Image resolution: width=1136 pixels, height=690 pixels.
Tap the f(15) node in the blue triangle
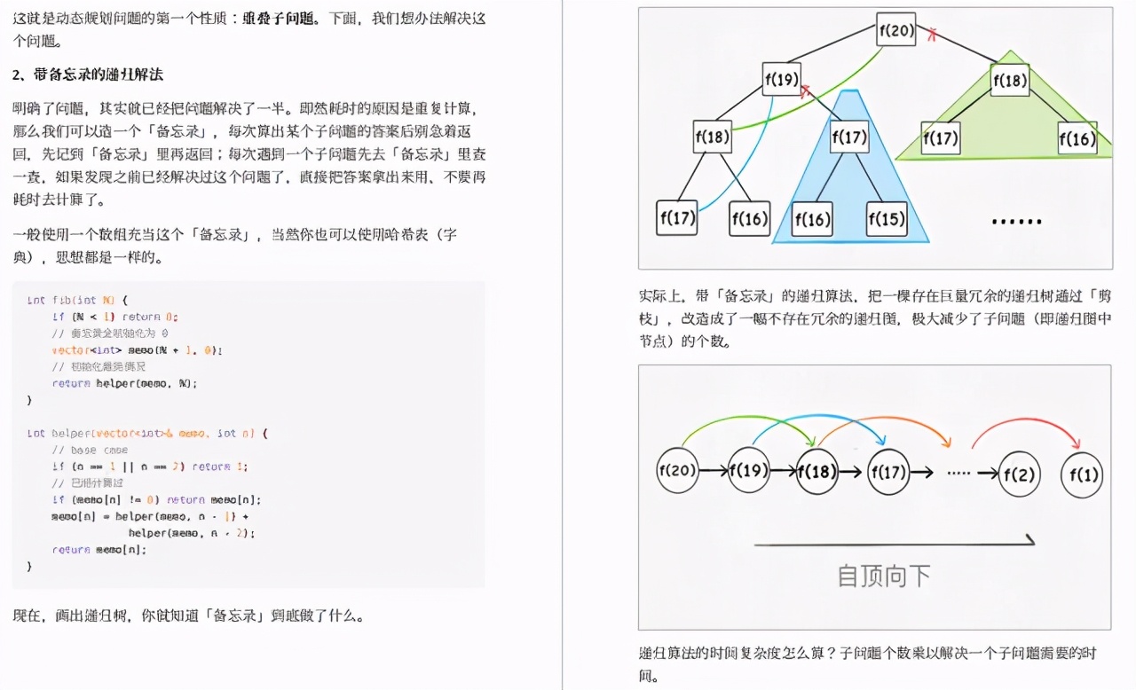tap(886, 218)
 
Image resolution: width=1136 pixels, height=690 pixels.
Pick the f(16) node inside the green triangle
tap(1077, 138)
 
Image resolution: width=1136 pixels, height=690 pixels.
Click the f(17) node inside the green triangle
tap(941, 138)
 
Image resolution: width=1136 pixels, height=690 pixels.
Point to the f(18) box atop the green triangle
tap(1009, 80)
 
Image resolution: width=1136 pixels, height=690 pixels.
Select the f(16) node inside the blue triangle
tap(812, 218)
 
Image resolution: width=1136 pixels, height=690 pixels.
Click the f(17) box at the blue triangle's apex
tap(849, 137)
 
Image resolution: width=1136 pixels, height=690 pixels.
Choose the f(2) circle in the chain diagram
tap(1019, 474)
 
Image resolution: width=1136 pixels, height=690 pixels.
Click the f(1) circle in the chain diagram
tap(1082, 474)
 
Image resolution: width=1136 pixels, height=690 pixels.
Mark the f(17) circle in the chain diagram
tap(888, 471)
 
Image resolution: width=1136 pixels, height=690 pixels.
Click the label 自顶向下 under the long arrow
tap(884, 576)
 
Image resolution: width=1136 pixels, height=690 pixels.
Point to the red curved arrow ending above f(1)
tap(1025, 422)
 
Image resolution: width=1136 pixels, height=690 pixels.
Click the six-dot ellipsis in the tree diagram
tap(1015, 220)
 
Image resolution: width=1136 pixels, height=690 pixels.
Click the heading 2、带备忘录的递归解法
tap(88, 74)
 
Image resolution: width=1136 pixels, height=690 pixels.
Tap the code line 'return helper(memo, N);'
tap(124, 383)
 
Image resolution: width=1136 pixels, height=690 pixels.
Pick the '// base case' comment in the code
tap(90, 450)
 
